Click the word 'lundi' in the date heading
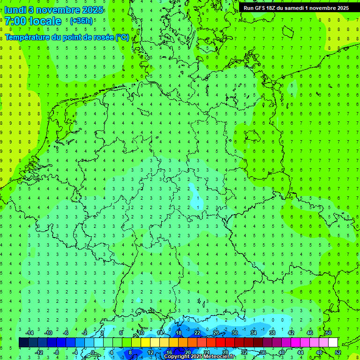(x=15, y=10)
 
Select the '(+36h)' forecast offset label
(x=81, y=21)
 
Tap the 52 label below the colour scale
(x=337, y=352)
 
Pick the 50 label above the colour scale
(x=328, y=333)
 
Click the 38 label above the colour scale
(x=272, y=333)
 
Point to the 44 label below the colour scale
(x=300, y=352)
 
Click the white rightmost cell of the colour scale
(x=333, y=343)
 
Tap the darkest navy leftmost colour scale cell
(x=23, y=343)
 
